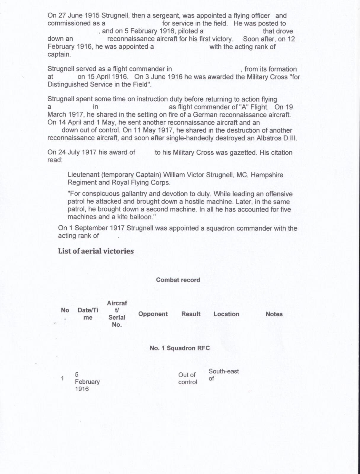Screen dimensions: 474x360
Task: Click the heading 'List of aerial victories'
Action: tap(96, 251)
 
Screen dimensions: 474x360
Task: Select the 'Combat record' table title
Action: tap(178, 280)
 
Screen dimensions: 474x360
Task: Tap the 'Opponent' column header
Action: tap(153, 314)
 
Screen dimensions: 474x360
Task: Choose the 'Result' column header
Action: tap(191, 314)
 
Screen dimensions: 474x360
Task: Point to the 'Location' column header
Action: tap(226, 314)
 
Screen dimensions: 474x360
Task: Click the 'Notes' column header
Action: tap(274, 314)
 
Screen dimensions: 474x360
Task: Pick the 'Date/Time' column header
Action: tap(88, 314)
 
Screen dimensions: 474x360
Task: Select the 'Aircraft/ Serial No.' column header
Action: tap(117, 314)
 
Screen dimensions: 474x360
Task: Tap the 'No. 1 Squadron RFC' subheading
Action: tap(180, 348)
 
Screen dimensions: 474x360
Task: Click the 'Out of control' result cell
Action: tap(187, 378)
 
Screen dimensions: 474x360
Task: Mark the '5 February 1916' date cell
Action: tap(87, 382)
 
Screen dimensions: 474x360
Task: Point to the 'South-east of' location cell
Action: tap(223, 375)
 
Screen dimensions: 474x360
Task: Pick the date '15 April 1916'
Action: tap(103, 77)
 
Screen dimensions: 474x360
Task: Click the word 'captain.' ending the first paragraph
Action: tap(59, 55)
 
